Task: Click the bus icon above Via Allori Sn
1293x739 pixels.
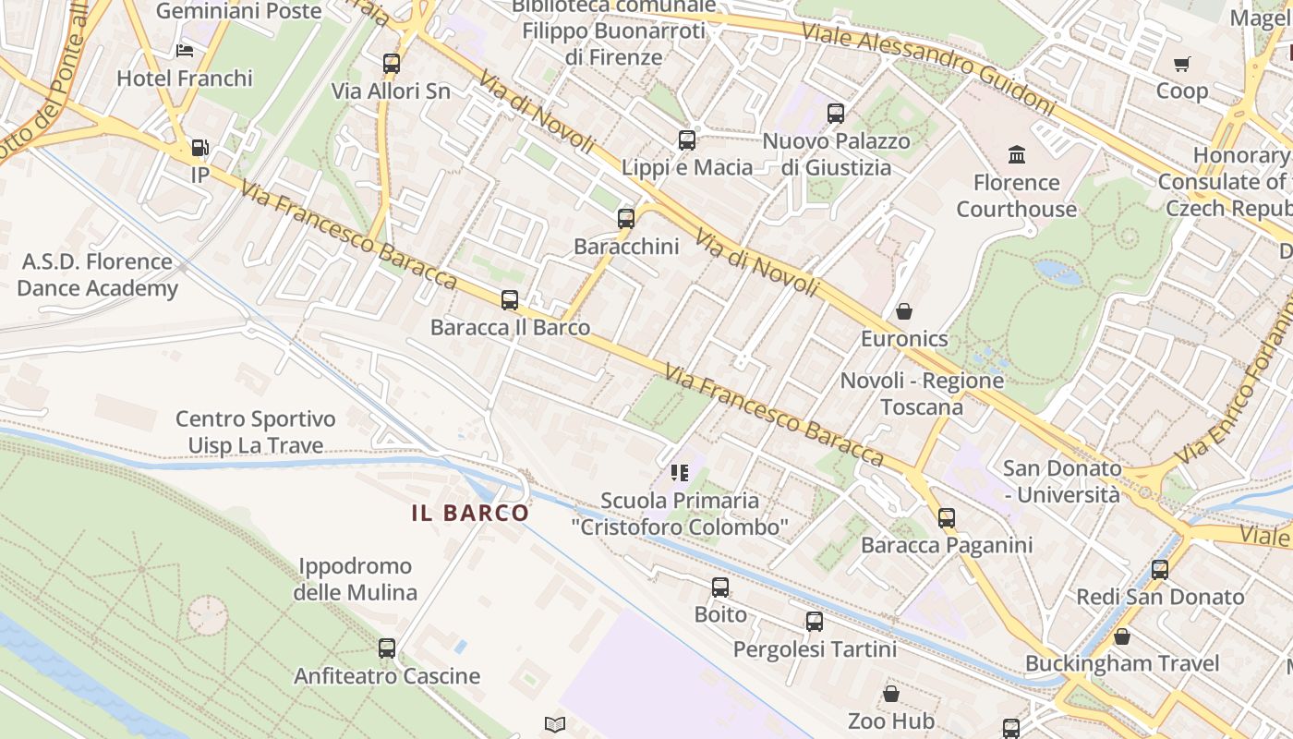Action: pyautogui.click(x=392, y=64)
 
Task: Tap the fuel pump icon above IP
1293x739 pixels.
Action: pyautogui.click(x=199, y=148)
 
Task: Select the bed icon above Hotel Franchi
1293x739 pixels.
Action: pyautogui.click(x=185, y=51)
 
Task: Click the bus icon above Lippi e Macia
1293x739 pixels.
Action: pyautogui.click(x=687, y=140)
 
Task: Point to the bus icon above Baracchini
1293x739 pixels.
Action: pyautogui.click(x=626, y=219)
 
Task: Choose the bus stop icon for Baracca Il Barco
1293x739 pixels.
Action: pyautogui.click(x=510, y=300)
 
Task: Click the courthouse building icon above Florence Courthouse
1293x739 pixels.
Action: pyautogui.click(x=1017, y=154)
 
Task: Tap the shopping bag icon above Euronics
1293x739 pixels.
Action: pyautogui.click(x=904, y=311)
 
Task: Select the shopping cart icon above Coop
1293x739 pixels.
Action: pyautogui.click(x=1181, y=64)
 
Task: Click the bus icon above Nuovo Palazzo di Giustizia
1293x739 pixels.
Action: pyautogui.click(x=836, y=114)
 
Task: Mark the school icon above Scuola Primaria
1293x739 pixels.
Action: pyautogui.click(x=680, y=474)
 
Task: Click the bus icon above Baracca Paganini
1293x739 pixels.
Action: pyautogui.click(x=947, y=518)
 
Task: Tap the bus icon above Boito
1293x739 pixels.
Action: pyautogui.click(x=720, y=588)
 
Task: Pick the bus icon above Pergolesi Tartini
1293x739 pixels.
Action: pyautogui.click(x=815, y=622)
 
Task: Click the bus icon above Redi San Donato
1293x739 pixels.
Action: pyautogui.click(x=1160, y=570)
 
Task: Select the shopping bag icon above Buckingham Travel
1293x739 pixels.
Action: pyautogui.click(x=1122, y=636)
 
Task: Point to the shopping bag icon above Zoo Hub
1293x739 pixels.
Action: pyautogui.click(x=891, y=694)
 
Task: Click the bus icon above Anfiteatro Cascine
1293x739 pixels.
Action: pyautogui.click(x=387, y=648)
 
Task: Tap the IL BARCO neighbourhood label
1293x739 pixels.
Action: pyautogui.click(x=471, y=513)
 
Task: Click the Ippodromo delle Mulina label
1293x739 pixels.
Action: pyautogui.click(x=356, y=579)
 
